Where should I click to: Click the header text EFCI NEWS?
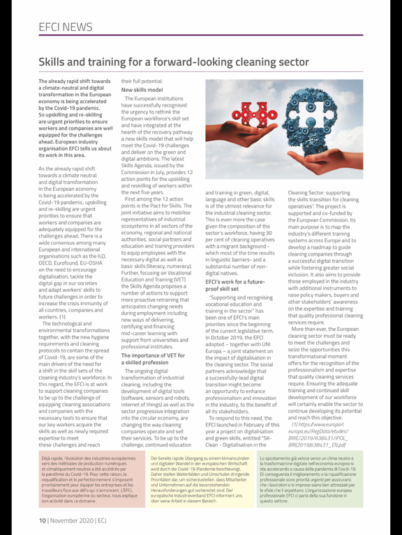68,27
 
